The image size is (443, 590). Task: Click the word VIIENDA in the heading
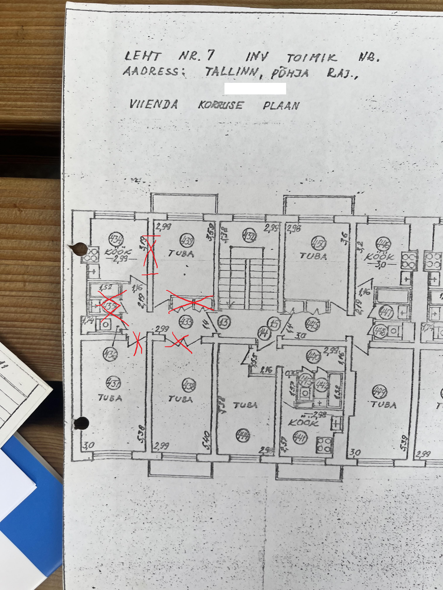coord(154,104)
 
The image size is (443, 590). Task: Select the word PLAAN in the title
coord(281,106)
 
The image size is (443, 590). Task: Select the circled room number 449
coord(379,392)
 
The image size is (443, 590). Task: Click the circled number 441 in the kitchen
coord(300,437)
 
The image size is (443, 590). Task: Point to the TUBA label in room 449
coord(384,405)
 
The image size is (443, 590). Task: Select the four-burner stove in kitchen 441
coord(324,445)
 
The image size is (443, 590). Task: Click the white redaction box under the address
coord(255,88)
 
